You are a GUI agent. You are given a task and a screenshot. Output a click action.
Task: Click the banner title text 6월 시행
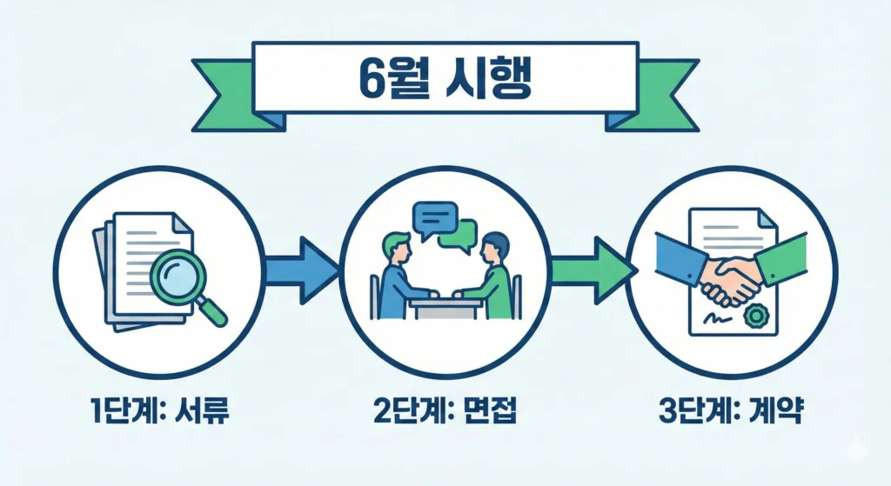tap(446, 79)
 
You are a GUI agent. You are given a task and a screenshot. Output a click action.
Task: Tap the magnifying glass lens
tap(178, 275)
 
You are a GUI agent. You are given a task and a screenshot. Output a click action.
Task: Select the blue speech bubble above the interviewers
tap(434, 215)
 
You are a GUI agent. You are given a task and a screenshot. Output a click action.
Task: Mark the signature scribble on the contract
tap(714, 316)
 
